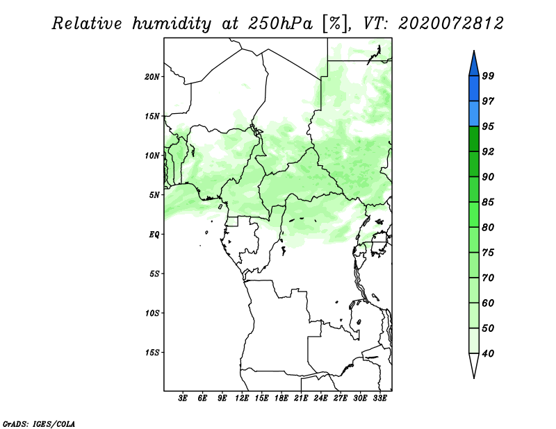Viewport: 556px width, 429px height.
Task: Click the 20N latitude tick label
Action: coord(152,77)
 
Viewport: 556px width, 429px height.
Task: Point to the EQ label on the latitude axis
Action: coord(154,235)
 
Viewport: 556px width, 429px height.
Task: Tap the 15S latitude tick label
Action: coord(152,353)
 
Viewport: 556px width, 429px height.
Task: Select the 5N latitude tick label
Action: coord(154,195)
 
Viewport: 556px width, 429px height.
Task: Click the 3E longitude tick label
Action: coord(183,398)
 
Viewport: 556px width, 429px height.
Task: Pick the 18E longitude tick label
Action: coord(281,398)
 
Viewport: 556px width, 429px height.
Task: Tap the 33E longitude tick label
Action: coord(379,398)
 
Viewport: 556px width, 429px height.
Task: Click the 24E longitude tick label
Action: coord(320,398)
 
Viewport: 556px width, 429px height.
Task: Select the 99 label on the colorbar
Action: coord(488,76)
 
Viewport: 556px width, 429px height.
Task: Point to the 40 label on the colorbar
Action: coord(488,353)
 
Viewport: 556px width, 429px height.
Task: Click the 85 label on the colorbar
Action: coord(488,202)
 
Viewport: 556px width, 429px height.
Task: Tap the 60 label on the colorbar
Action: coord(488,303)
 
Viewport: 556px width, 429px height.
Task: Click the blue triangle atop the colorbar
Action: coord(474,65)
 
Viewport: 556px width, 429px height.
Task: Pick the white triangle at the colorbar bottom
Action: coord(474,364)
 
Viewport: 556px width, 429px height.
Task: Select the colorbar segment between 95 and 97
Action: coord(474,114)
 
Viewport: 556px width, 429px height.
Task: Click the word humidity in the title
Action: coord(172,24)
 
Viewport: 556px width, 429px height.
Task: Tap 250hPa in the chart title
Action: coord(281,24)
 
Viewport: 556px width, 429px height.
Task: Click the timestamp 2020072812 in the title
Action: coord(450,24)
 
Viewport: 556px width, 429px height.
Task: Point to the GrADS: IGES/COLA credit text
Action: coord(39,424)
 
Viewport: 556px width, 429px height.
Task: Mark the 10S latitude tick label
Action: coord(152,313)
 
